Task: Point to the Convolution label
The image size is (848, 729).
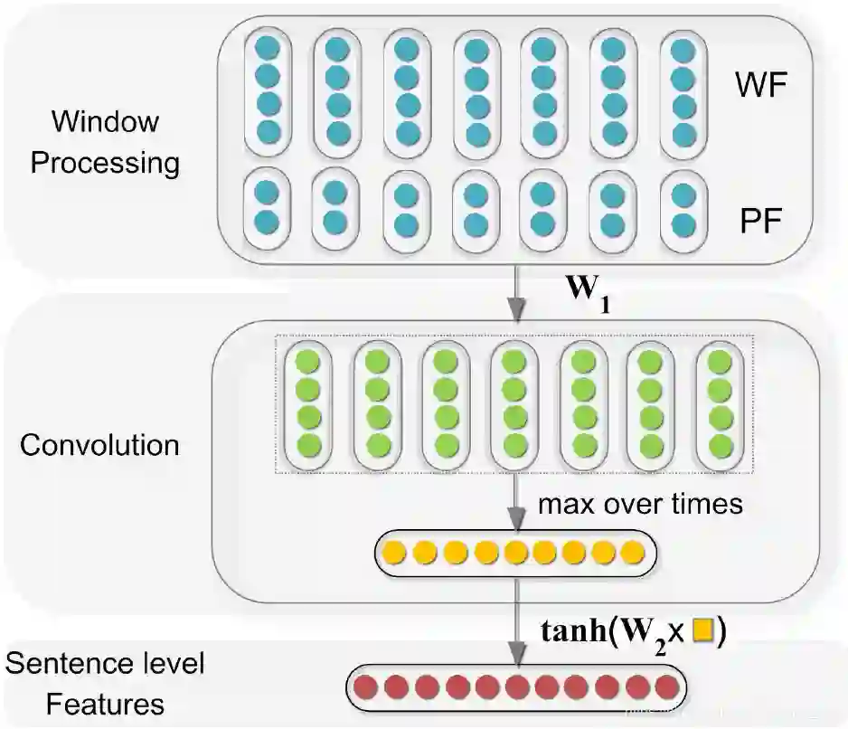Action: coord(99,446)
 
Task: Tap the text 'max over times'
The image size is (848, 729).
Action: coord(640,504)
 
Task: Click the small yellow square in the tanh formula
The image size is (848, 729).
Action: coord(702,632)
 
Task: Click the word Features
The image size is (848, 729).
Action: coord(105,704)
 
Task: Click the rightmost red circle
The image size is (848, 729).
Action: coord(666,686)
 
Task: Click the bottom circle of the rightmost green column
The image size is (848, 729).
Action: coord(721,445)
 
